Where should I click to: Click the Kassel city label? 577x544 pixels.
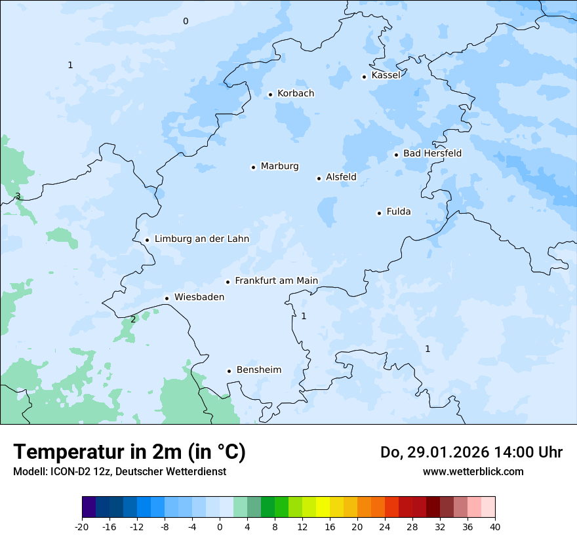point(386,75)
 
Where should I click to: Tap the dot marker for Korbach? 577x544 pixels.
point(270,94)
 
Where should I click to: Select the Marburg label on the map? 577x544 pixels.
point(279,166)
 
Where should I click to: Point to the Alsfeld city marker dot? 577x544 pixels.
point(319,178)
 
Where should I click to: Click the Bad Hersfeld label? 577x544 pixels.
point(432,153)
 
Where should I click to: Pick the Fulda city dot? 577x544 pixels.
point(379,213)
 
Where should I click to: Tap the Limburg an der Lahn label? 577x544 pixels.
point(201,239)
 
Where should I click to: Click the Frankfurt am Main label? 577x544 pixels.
point(276,281)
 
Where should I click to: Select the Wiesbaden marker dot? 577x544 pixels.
point(167,298)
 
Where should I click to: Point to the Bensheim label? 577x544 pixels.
point(258,370)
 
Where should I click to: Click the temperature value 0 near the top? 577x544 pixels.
point(185,22)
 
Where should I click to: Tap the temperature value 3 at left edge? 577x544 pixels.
point(18,197)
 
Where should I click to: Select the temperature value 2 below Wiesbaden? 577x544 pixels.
point(133,320)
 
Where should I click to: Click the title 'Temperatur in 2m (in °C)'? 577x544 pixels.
point(129,452)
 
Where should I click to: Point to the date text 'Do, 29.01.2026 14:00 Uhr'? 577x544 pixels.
point(471,452)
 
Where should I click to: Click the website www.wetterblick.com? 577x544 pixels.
point(473,472)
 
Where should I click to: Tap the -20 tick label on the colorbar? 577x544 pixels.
point(82,527)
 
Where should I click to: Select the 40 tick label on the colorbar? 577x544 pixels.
point(495,527)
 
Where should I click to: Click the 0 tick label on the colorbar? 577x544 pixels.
point(220,527)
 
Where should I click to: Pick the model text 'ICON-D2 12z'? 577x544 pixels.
point(71,472)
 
